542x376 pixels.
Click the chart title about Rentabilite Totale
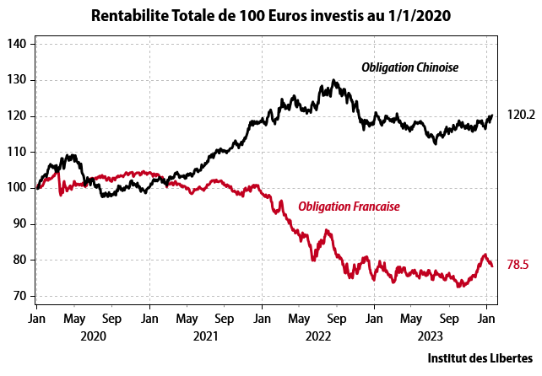271,15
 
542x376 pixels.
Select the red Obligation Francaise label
349,207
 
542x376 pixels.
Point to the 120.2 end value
521,115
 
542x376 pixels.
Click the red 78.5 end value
518,265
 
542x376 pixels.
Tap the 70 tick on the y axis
20,296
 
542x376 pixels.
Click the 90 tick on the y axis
20,224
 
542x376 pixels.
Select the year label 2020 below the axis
92,336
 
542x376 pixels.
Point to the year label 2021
205,336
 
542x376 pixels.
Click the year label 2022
317,336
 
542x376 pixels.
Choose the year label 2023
430,336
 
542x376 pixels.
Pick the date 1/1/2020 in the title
417,15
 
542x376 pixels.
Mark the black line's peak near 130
334,81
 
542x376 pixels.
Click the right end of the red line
492,266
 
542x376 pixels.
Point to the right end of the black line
492,116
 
